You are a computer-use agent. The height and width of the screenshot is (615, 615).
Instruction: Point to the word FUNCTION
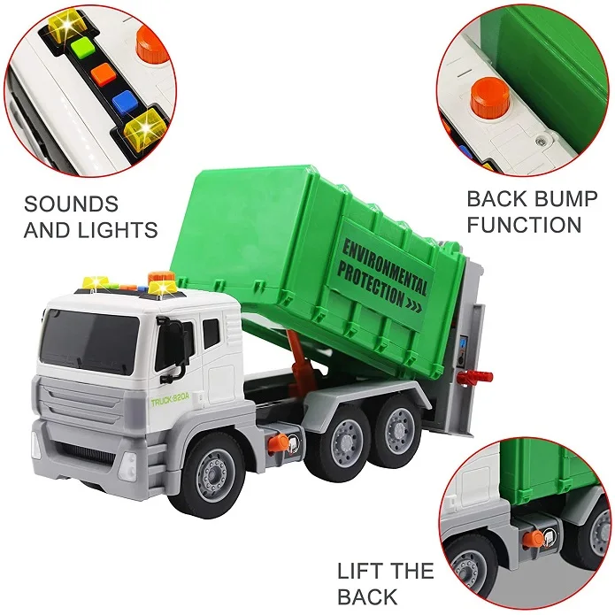click(x=525, y=225)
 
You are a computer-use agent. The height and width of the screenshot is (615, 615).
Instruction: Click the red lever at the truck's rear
click(x=477, y=377)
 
